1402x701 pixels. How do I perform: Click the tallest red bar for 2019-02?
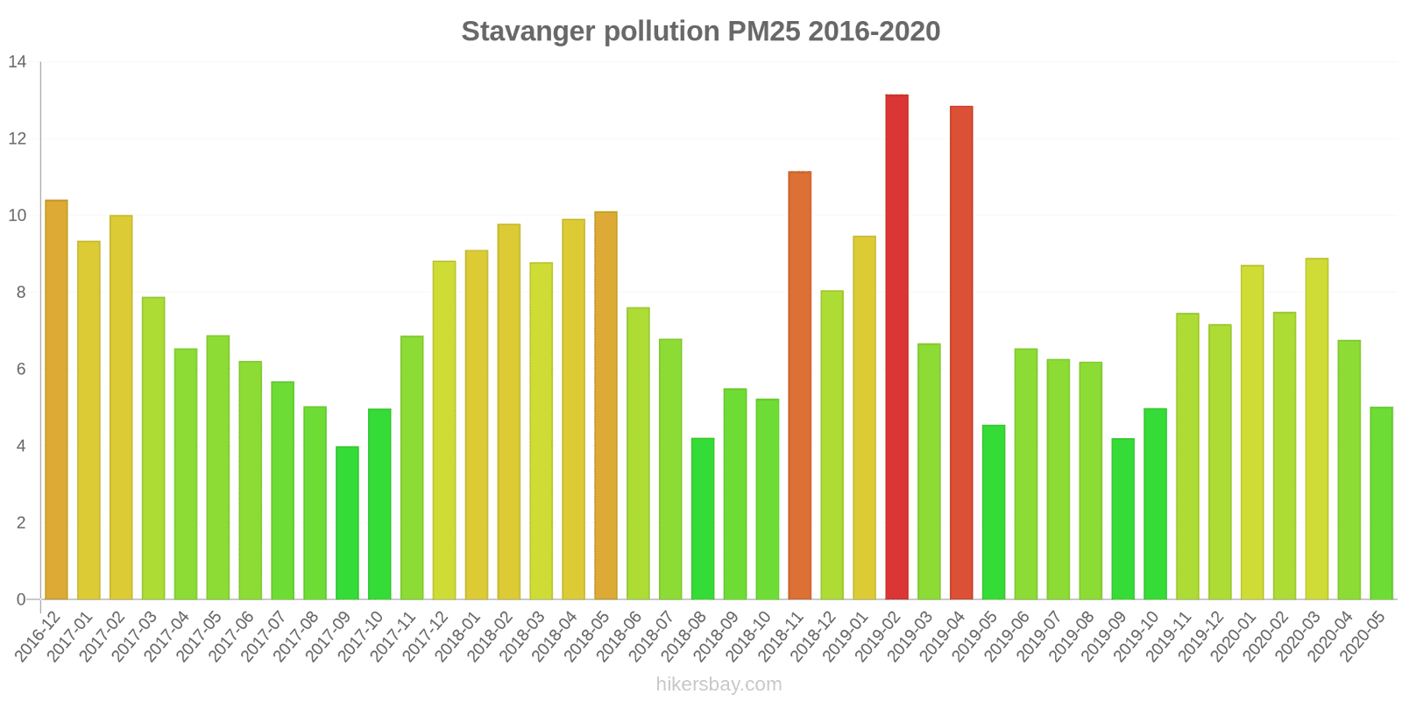click(x=896, y=347)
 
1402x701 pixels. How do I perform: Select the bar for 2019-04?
click(x=961, y=353)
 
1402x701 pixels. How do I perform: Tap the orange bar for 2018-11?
click(x=800, y=386)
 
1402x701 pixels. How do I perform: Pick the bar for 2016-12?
click(x=56, y=400)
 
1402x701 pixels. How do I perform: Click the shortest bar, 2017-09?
click(x=347, y=522)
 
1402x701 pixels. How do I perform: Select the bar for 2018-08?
click(x=703, y=519)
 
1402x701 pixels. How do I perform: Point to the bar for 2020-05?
click(x=1381, y=503)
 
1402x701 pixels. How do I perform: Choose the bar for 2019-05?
click(x=994, y=512)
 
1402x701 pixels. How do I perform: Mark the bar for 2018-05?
click(x=605, y=406)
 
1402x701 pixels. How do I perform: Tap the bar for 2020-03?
click(x=1317, y=428)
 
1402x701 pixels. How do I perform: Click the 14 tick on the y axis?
click(x=18, y=61)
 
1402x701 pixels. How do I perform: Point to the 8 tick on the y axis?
click(x=21, y=293)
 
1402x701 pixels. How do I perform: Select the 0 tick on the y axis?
click(x=21, y=599)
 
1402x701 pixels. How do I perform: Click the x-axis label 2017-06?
click(x=231, y=636)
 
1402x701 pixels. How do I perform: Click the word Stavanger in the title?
click(x=528, y=32)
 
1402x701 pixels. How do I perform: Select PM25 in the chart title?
click(x=763, y=31)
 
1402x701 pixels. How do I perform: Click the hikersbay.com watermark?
click(x=719, y=684)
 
